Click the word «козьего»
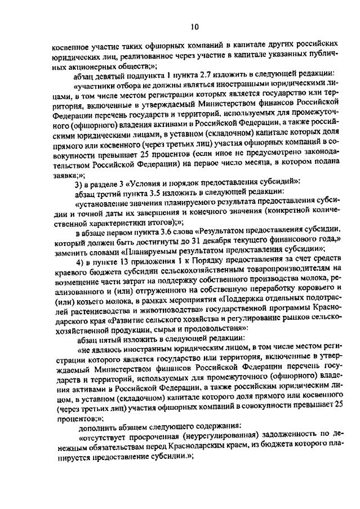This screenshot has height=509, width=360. point(84,306)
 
